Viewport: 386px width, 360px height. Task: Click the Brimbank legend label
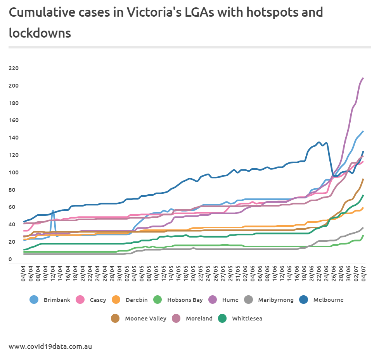(57, 300)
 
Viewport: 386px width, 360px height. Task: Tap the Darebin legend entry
(134, 300)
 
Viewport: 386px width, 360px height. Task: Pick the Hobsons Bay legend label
(185, 300)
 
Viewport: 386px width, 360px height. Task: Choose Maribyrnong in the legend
(276, 300)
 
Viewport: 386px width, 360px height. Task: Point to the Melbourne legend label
(328, 300)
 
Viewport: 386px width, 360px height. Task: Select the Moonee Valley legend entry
(145, 319)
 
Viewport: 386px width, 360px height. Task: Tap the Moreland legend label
(199, 319)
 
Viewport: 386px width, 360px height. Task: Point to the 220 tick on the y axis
(13, 69)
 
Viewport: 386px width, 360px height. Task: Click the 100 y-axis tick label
(13, 172)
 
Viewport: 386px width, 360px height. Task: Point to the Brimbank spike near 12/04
(53, 211)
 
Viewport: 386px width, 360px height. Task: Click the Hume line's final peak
(363, 78)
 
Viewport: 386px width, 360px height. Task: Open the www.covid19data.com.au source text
(50, 346)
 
